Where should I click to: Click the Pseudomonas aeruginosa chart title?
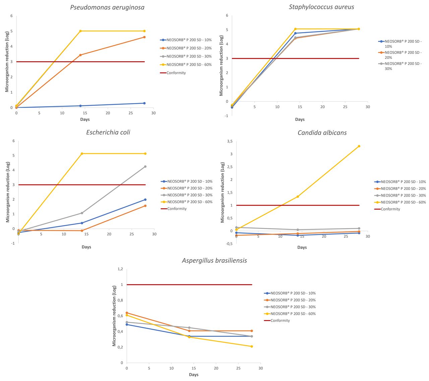107,7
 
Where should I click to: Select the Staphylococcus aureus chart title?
321,7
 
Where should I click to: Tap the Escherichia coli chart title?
108,132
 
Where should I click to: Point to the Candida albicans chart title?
322,133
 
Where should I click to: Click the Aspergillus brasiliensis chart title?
214,260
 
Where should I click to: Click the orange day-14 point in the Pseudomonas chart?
80,55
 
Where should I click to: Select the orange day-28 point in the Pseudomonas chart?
144,37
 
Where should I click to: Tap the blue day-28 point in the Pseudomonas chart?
144,103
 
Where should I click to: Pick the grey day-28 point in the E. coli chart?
145,166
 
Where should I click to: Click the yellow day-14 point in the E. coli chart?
82,154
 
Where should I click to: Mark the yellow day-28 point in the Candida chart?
359,146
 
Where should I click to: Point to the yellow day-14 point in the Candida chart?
298,197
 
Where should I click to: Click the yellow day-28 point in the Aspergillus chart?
252,347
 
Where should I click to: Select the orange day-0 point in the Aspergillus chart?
127,313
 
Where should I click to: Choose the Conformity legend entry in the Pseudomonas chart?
176,73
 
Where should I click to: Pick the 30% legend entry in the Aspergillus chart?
293,307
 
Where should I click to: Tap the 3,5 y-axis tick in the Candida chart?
230,141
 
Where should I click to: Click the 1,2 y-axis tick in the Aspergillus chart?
120,269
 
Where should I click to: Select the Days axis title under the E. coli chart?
86,247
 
